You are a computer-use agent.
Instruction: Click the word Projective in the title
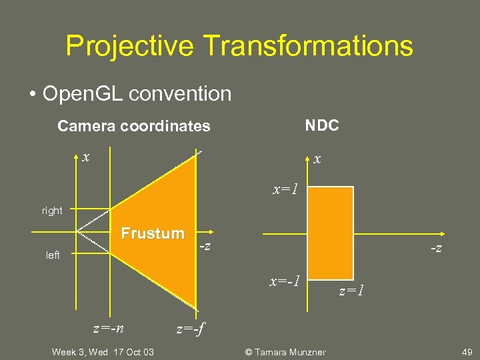click(130, 46)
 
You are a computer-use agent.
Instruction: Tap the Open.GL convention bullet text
click(136, 93)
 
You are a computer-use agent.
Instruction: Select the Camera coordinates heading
click(133, 126)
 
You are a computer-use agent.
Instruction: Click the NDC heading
click(322, 125)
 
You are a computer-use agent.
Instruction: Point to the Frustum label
click(153, 233)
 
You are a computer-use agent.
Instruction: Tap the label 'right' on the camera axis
click(52, 211)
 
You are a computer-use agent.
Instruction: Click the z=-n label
click(108, 328)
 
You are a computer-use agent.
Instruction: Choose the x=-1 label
click(285, 281)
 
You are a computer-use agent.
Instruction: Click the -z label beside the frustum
click(206, 247)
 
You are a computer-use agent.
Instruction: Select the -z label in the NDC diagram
click(435, 248)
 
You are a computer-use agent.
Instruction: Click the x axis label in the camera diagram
click(85, 157)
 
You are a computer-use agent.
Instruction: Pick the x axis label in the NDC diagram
click(317, 159)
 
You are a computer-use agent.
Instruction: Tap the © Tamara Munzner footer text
click(285, 352)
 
